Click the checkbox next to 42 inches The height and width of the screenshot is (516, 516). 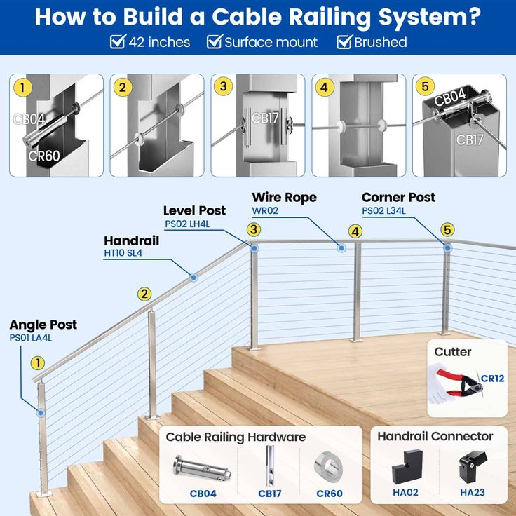tap(118, 42)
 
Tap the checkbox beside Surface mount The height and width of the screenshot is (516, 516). tap(214, 42)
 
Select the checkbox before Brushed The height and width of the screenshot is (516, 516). tap(344, 42)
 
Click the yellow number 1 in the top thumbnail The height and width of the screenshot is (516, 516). tap(23, 88)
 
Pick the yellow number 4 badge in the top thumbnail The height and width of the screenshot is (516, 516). tap(323, 88)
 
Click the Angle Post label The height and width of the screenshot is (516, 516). tap(43, 325)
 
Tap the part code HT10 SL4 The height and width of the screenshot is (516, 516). tap(123, 254)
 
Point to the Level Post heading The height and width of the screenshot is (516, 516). tap(194, 210)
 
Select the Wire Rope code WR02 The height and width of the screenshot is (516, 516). tap(265, 210)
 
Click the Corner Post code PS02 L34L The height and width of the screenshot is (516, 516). tap(383, 210)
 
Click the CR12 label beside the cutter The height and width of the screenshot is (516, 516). tap(492, 379)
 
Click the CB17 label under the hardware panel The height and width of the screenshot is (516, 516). tap(269, 493)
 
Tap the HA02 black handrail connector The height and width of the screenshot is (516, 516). tap(405, 465)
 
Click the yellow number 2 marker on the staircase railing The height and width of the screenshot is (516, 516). tap(144, 294)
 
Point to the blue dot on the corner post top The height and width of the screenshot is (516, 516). tap(447, 247)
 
